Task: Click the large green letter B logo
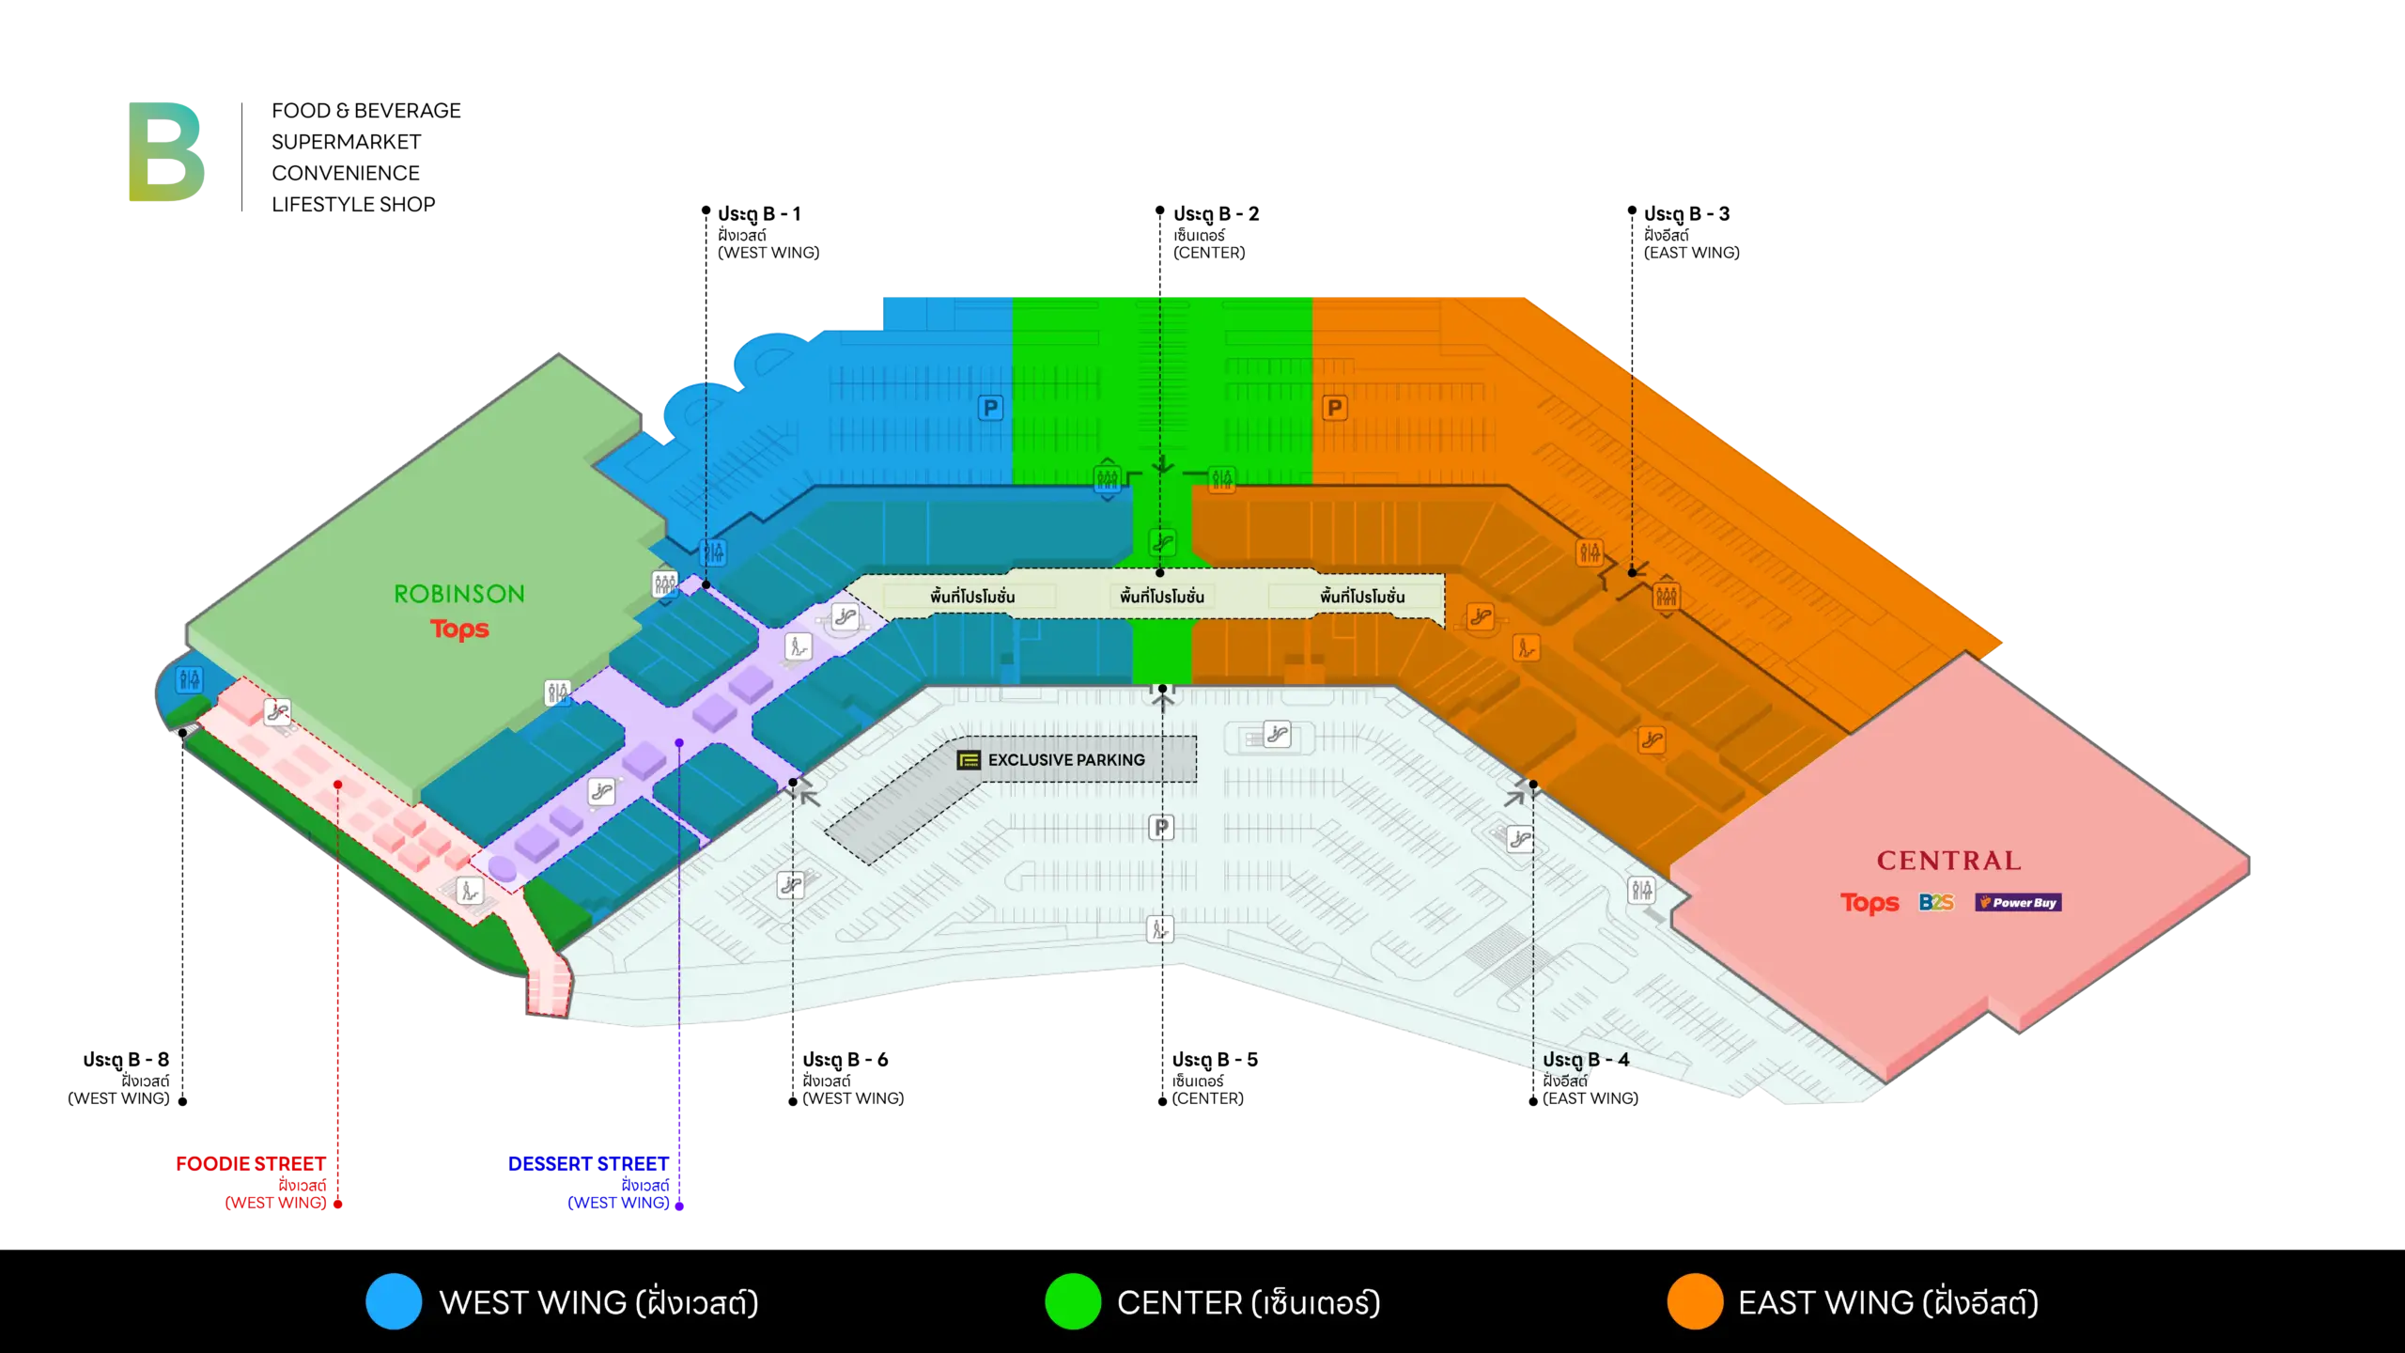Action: click(166, 151)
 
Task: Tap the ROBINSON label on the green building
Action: click(459, 594)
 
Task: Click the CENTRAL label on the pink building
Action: click(1948, 861)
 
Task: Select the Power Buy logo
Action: click(2018, 903)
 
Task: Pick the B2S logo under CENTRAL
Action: click(1936, 903)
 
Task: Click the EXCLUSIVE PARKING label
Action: click(1066, 760)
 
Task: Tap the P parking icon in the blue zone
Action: click(990, 408)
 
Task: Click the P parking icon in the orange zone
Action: click(1334, 408)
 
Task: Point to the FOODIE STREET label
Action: click(251, 1164)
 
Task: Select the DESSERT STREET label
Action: click(588, 1164)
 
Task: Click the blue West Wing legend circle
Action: click(394, 1301)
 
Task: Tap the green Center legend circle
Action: click(1073, 1301)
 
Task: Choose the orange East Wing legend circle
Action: click(1695, 1301)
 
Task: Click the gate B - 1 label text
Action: click(759, 214)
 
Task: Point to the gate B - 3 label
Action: click(1686, 214)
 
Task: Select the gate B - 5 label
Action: click(1215, 1060)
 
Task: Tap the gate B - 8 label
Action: click(126, 1060)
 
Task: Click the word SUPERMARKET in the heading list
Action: click(347, 142)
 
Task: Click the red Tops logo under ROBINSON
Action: click(459, 629)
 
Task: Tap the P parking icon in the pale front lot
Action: click(1161, 827)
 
